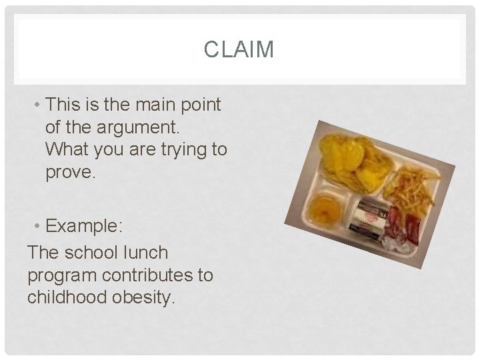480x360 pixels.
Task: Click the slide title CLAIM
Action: pyautogui.click(x=239, y=49)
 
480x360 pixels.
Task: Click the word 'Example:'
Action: pyautogui.click(x=85, y=227)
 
